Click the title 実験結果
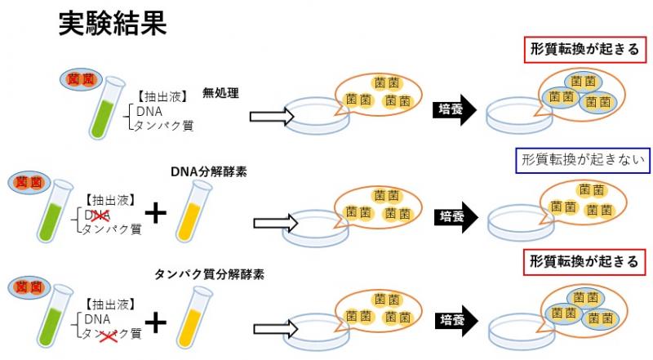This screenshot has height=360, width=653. pos(113,24)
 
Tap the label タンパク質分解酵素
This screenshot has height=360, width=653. pos(209,273)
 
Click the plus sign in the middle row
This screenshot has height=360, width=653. pos(154,214)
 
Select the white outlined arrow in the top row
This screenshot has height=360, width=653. pos(270,117)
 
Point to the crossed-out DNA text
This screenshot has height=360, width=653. pos(97,215)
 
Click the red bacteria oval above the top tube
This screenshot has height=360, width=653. pos(85,79)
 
